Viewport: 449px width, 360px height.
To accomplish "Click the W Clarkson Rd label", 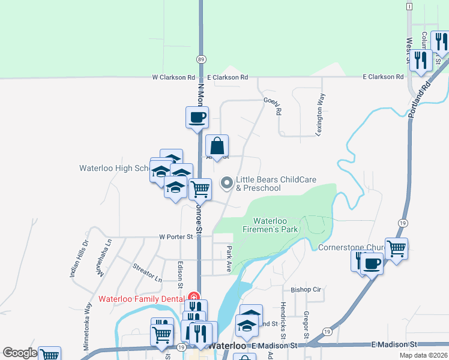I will click(174, 77).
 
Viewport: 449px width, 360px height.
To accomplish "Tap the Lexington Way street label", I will click(321, 113).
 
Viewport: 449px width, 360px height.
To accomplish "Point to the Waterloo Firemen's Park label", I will click(270, 225).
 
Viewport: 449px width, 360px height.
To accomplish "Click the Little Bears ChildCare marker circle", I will click(228, 183).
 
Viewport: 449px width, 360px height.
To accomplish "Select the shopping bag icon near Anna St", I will click(217, 146).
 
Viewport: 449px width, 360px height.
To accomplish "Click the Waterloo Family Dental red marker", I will click(193, 297).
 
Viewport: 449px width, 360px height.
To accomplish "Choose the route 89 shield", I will click(201, 59).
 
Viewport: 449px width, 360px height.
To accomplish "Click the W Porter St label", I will click(176, 236).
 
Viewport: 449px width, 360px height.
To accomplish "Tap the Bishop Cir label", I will click(306, 289).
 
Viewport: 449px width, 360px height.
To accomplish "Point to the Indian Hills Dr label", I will click(78, 258).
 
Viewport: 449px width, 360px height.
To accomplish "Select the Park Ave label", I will click(229, 260).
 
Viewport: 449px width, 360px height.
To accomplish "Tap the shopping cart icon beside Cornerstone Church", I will click(397, 247).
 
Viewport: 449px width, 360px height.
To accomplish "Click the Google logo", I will click(20, 353).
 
